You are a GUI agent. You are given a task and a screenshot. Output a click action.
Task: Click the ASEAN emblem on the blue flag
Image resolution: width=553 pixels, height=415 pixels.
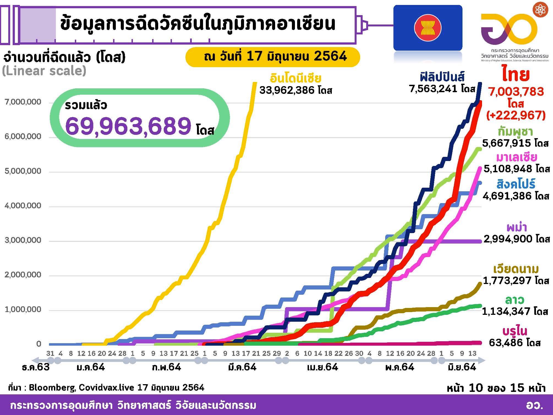click(428, 28)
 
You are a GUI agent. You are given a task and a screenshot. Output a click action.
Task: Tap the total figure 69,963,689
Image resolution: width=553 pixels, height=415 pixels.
click(128, 126)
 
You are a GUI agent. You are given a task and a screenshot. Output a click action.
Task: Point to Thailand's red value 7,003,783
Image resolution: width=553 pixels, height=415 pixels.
click(516, 91)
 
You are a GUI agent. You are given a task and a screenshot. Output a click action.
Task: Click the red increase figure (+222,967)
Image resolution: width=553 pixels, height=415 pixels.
click(516, 115)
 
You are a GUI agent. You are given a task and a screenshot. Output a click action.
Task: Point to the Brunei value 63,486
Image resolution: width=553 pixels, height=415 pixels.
click(508, 343)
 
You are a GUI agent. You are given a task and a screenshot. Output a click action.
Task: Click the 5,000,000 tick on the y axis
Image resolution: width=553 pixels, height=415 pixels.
click(23, 171)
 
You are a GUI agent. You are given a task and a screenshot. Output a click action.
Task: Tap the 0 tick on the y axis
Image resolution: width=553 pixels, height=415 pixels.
click(39, 344)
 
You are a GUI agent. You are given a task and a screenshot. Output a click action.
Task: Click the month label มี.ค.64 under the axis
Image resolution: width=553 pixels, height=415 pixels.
click(242, 367)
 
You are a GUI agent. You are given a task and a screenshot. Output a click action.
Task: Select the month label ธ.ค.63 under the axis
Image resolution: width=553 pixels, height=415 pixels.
click(36, 367)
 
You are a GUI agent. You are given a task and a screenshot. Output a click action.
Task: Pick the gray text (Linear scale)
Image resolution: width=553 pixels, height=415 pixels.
click(44, 71)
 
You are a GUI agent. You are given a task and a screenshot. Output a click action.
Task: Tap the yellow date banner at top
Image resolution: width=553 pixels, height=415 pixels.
click(272, 57)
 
